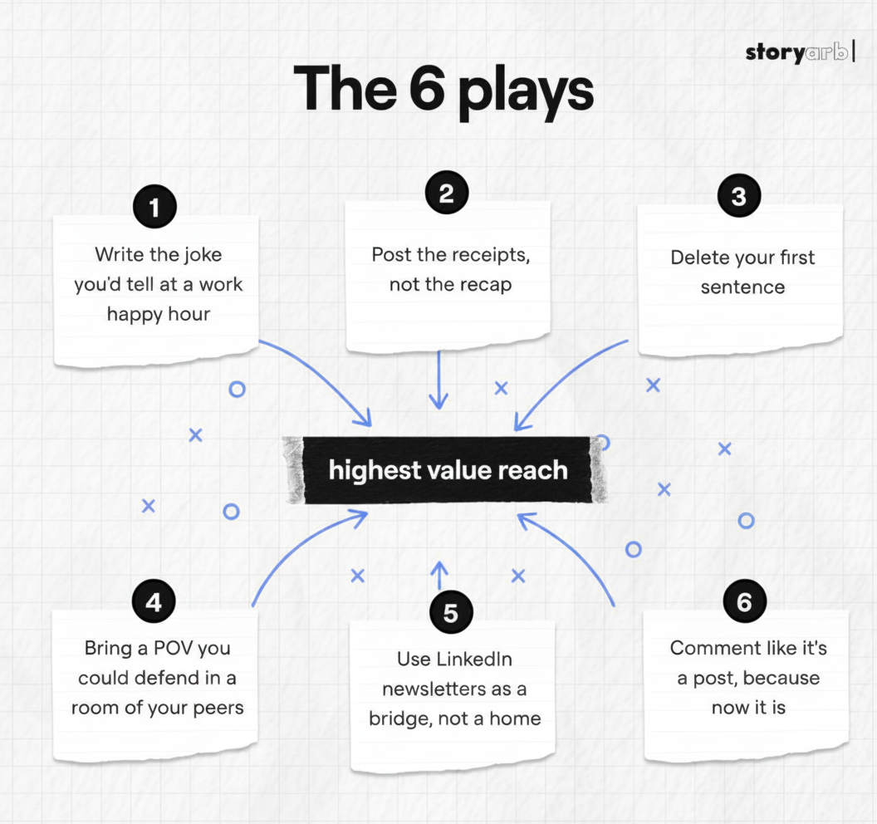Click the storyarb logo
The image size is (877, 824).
[x=801, y=52]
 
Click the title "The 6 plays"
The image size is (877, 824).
[x=443, y=91]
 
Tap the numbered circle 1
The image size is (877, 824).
[x=155, y=207]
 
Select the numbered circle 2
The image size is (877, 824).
[x=446, y=193]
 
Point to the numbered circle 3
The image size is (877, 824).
[x=739, y=195]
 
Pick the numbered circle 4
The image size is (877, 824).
[x=154, y=602]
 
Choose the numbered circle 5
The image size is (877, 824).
[x=451, y=612]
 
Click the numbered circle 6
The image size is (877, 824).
[x=744, y=601]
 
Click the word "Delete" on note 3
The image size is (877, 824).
[x=700, y=257]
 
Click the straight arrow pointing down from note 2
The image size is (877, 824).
[x=438, y=380]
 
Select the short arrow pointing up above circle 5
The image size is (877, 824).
[x=439, y=575]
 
